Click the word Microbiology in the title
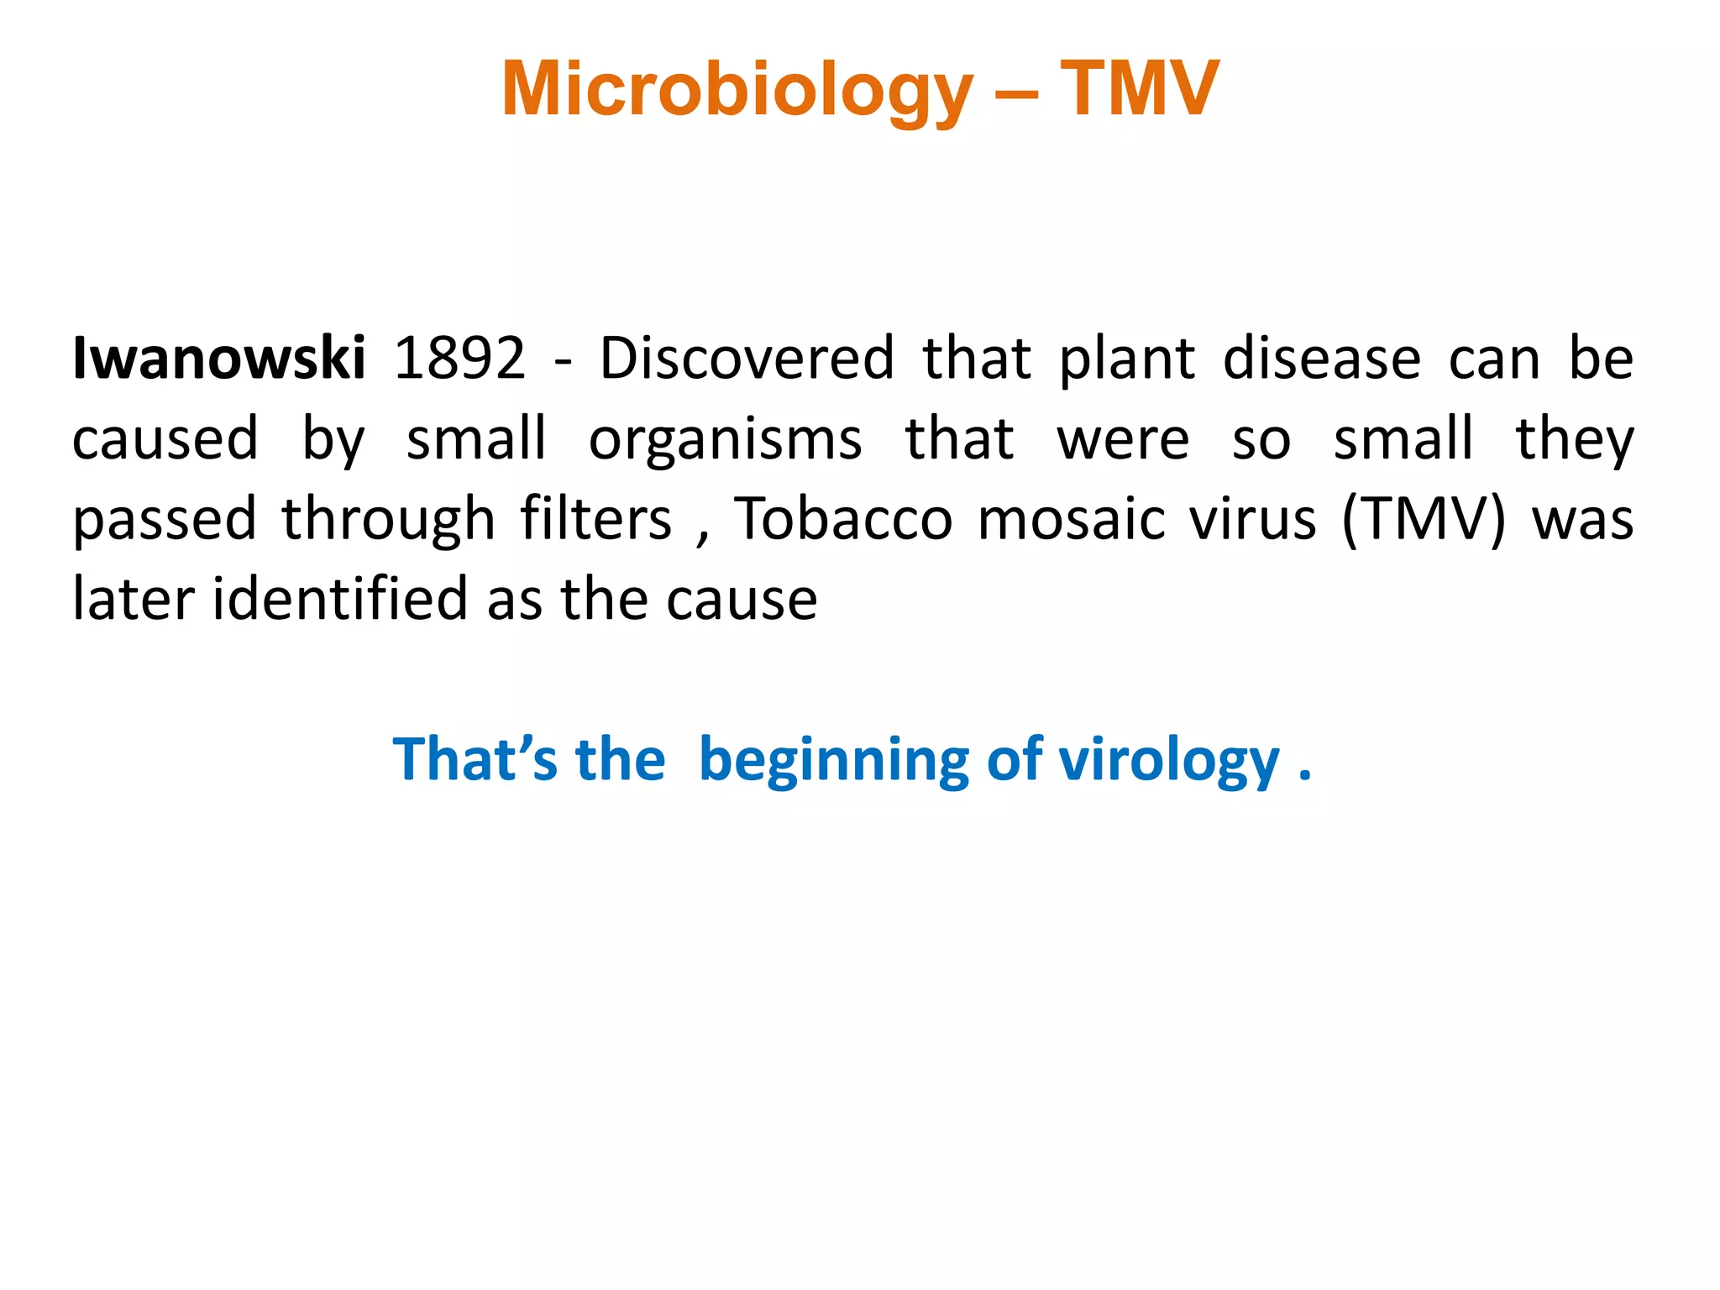point(737,91)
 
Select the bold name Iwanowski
point(219,358)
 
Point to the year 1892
point(459,358)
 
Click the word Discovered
point(747,358)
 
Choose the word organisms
point(725,438)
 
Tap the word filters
point(595,518)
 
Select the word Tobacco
point(843,518)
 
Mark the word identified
point(339,598)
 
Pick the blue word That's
point(475,759)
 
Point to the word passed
point(165,520)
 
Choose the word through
point(388,520)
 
